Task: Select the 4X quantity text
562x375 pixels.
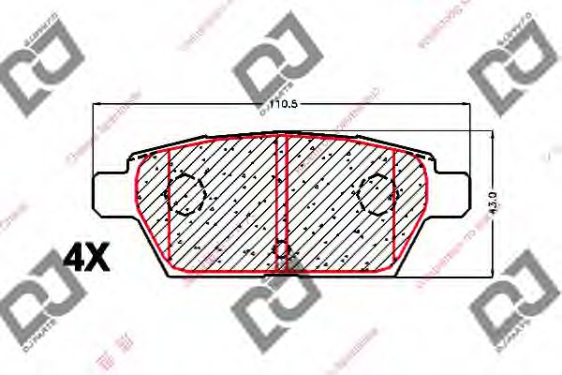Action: tap(85, 257)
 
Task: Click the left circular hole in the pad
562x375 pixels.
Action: tap(185, 194)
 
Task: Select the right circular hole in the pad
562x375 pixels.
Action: tap(378, 194)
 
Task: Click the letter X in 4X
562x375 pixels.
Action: tap(98, 257)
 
